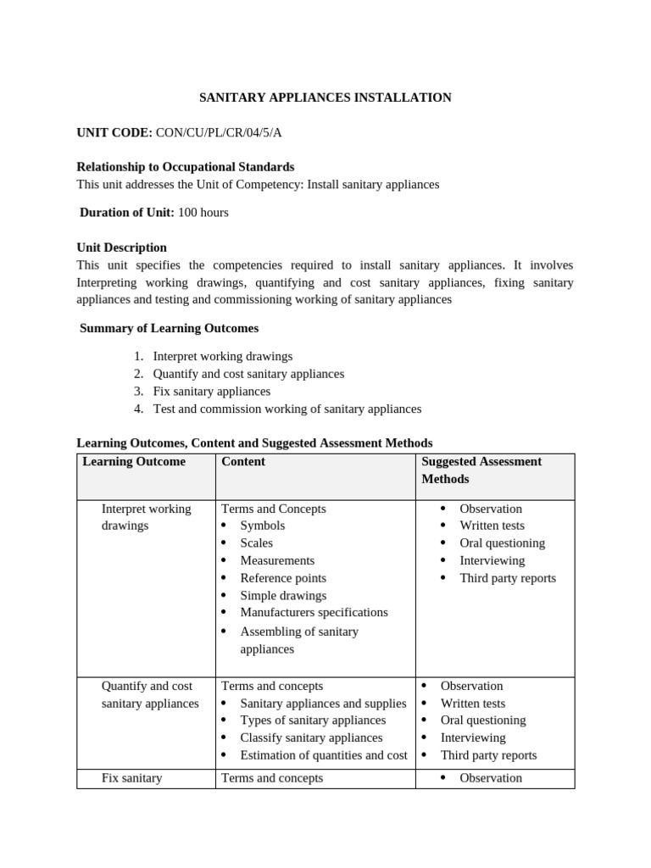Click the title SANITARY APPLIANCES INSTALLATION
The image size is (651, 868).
(325, 97)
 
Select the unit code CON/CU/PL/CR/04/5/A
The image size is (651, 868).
(219, 132)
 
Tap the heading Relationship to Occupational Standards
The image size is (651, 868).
(186, 167)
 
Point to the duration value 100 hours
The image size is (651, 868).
(203, 213)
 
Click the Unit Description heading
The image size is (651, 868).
(121, 248)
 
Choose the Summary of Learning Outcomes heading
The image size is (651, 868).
(169, 328)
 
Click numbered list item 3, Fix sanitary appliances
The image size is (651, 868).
(211, 392)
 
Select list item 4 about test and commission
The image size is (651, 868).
(287, 409)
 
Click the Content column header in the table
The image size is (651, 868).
(243, 462)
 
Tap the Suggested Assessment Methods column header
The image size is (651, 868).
(481, 470)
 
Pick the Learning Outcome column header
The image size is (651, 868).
(134, 462)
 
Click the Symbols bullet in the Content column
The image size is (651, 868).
(263, 526)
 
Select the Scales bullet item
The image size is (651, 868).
(257, 543)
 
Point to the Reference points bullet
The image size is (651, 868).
(283, 578)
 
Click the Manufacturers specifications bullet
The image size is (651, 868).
(314, 612)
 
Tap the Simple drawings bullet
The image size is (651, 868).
(283, 596)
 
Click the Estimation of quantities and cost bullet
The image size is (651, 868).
(324, 755)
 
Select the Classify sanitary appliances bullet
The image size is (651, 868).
(311, 738)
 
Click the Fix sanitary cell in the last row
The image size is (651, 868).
(131, 778)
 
